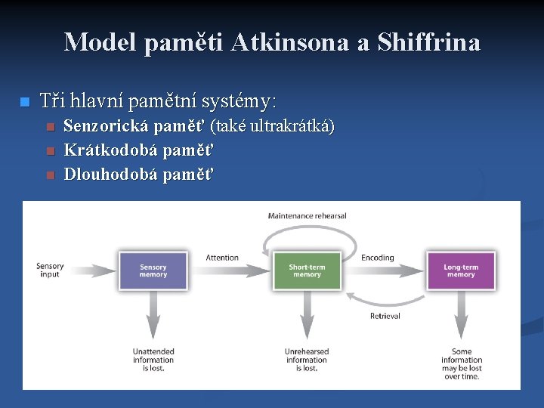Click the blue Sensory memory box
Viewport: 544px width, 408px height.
pos(153,270)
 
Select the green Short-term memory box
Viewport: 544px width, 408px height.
pos(307,270)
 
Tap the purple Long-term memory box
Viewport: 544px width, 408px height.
pos(460,270)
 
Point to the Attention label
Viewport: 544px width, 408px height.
pos(222,258)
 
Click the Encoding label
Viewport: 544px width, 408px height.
pos(377,258)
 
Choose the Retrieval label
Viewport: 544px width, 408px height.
pos(385,316)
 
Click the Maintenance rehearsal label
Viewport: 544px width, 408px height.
pos(307,216)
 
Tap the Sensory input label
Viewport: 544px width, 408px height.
pos(50,270)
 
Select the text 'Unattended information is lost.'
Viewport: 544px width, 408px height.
pos(153,360)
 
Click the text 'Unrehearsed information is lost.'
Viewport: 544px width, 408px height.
pos(307,360)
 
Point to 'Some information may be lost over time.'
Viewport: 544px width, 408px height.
pos(462,364)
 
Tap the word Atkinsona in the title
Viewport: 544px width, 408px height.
pos(290,42)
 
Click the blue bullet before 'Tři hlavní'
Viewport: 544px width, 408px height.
pos(24,101)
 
